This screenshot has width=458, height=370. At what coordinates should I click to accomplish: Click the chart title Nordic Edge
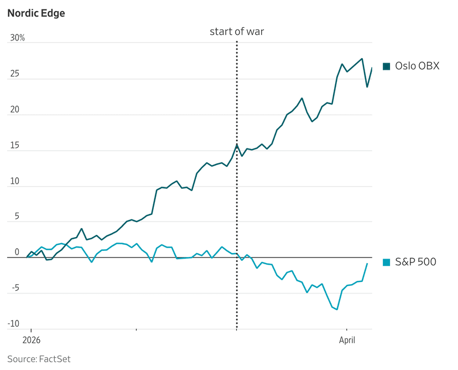(x=36, y=13)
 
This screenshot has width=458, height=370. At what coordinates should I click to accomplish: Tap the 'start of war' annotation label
(x=237, y=31)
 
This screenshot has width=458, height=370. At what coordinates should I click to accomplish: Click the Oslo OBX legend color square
(x=387, y=66)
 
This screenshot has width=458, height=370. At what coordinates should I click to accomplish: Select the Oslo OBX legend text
(x=417, y=66)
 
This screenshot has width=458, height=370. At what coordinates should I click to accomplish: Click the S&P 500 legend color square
(x=387, y=262)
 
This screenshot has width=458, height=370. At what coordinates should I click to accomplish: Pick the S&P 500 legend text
(x=415, y=262)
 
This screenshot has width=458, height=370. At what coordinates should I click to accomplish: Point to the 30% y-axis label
(x=17, y=38)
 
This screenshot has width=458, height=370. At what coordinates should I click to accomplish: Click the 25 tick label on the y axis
(x=14, y=74)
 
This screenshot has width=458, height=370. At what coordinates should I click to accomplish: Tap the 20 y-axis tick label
(x=14, y=110)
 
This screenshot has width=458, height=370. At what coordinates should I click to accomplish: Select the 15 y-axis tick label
(x=14, y=146)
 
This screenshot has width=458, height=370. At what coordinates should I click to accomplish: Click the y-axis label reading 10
(x=14, y=182)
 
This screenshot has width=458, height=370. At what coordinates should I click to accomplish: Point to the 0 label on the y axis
(x=17, y=252)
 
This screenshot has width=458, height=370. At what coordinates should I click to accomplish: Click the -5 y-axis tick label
(x=15, y=288)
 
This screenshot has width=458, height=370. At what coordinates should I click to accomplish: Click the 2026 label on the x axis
(x=32, y=340)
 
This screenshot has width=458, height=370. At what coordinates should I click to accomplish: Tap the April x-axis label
(x=347, y=340)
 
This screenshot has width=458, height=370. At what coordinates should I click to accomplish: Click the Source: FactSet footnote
(x=39, y=359)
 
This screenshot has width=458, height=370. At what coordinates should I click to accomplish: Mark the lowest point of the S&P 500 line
(x=337, y=310)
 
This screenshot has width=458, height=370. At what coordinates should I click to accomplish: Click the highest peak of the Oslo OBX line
(x=362, y=59)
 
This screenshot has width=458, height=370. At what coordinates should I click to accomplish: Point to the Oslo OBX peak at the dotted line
(x=237, y=144)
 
